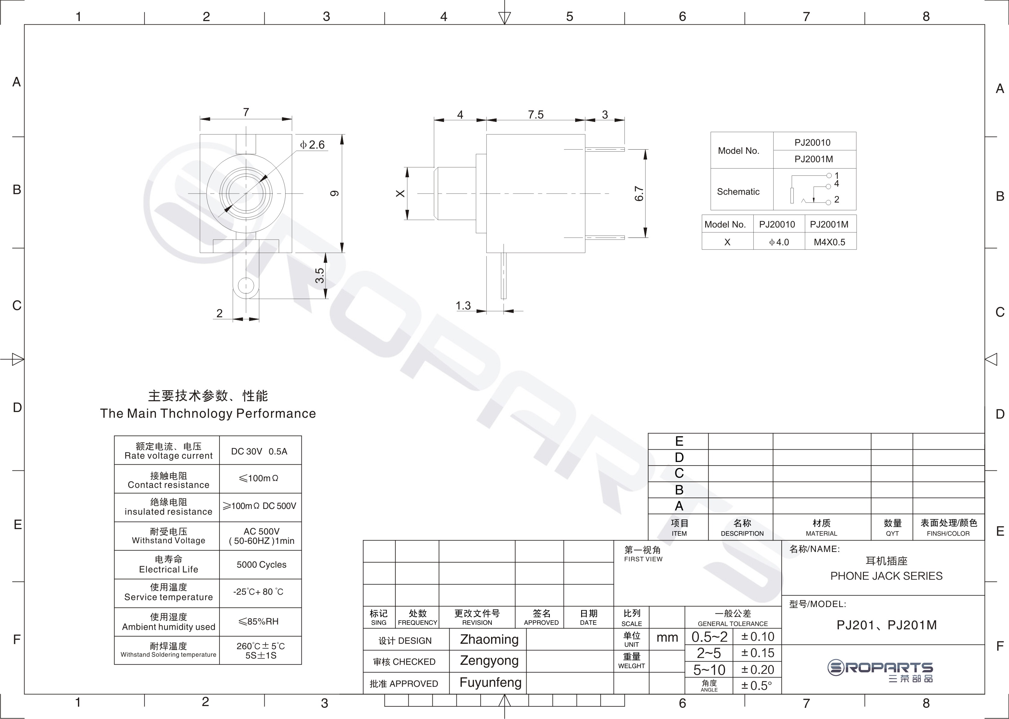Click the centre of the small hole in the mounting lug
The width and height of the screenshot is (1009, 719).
(x=246, y=285)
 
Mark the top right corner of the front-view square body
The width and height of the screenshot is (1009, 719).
(x=292, y=134)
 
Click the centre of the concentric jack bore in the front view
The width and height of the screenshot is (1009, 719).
(x=246, y=194)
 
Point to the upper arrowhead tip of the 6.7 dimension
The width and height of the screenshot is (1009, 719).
(x=645, y=150)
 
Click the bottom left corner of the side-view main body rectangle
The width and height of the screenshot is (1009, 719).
(x=486, y=253)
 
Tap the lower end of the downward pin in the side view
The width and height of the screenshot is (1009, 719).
(x=504, y=299)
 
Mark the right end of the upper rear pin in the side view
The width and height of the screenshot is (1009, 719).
(x=624, y=150)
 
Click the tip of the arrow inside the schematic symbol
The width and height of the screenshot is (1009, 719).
(x=814, y=202)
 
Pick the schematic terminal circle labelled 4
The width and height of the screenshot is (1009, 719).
(x=828, y=186)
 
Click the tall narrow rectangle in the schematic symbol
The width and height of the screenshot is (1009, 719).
(x=792, y=195)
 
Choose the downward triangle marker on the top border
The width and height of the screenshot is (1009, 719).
(x=505, y=18)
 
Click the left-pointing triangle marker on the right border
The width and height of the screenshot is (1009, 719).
(x=991, y=359)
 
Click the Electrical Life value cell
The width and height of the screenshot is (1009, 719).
(x=261, y=565)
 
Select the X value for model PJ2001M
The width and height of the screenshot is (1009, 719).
(x=830, y=242)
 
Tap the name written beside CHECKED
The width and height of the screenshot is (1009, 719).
(x=489, y=661)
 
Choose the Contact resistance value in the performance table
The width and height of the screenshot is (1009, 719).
(x=259, y=478)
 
